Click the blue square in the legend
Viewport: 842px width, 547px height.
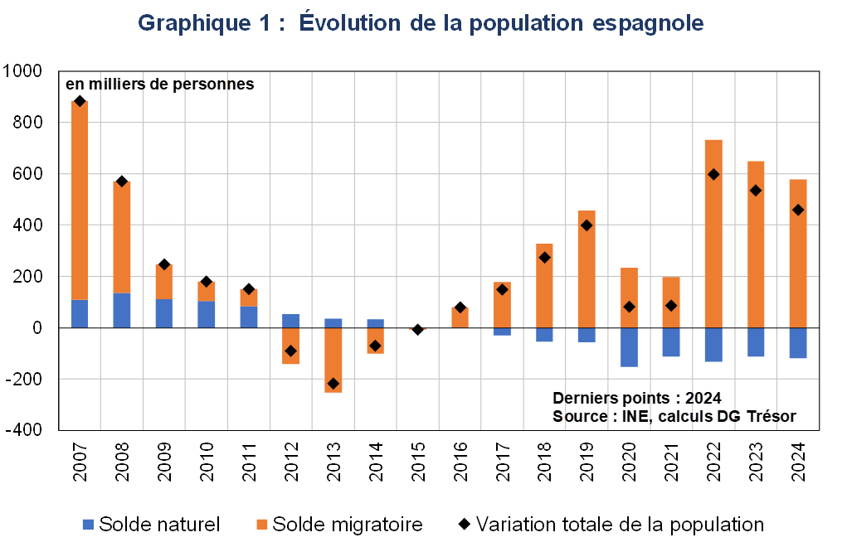pos(88,524)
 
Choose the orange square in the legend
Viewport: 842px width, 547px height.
pos(262,524)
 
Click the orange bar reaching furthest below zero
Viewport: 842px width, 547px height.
pos(333,360)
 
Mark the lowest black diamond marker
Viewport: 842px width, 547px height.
pos(333,384)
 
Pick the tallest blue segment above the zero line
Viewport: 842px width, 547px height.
pos(122,310)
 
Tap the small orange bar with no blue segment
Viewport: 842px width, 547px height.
pos(460,317)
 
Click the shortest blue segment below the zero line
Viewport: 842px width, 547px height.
pos(503,332)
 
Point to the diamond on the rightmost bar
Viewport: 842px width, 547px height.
pos(798,210)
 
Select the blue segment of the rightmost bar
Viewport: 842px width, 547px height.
pos(798,343)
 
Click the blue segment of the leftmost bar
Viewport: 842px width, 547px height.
pos(80,313)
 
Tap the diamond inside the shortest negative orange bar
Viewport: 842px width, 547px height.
pos(375,346)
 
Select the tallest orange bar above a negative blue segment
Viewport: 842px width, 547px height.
pos(713,234)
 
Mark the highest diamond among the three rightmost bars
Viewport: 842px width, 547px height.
pos(713,174)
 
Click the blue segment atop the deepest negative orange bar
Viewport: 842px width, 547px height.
pos(333,323)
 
